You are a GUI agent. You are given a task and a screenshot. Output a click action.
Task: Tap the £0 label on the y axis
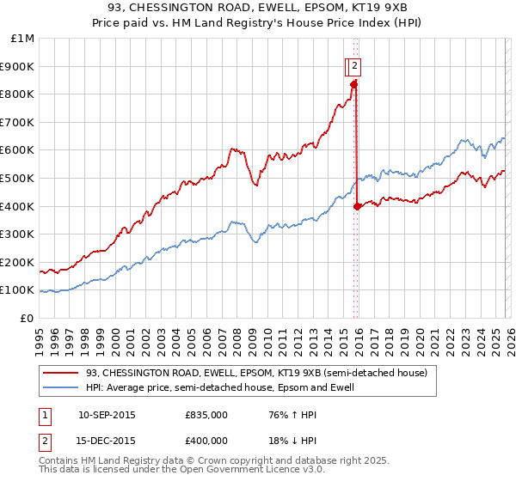pos(28,318)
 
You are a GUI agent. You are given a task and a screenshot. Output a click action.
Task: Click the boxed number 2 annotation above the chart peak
pos(355,65)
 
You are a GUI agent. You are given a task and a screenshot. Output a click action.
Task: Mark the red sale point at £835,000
pos(353,84)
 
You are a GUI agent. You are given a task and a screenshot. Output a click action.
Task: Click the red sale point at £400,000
pos(357,206)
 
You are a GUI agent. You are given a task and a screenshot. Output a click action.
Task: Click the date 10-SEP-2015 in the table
pos(106,415)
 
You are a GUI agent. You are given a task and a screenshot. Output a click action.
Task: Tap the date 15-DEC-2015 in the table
pos(106,441)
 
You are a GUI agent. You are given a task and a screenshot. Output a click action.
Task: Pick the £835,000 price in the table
pos(206,415)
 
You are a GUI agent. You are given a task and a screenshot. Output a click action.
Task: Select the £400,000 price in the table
pos(206,441)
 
